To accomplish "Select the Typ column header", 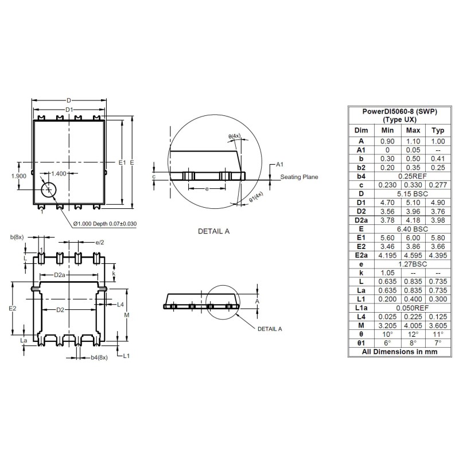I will pyautogui.click(x=438, y=130).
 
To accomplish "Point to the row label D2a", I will pyautogui.click(x=361, y=220).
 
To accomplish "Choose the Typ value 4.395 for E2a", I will pyautogui.click(x=438, y=255).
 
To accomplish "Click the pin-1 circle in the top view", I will pyautogui.click(x=49, y=189).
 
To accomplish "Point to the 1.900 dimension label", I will pyautogui.click(x=18, y=176).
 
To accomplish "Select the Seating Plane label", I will pyautogui.click(x=299, y=177).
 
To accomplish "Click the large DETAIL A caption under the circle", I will pyautogui.click(x=213, y=231).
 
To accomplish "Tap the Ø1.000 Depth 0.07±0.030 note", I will pyautogui.click(x=104, y=224).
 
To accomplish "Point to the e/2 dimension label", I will pyautogui.click(x=100, y=243).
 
